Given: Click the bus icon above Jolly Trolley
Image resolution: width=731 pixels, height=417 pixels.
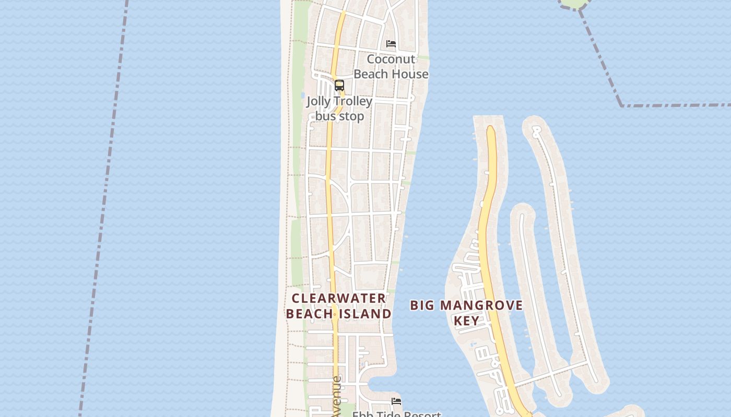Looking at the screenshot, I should pyautogui.click(x=339, y=85).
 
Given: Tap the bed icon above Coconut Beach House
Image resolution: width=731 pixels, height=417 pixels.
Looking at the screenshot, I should pyautogui.click(x=391, y=44).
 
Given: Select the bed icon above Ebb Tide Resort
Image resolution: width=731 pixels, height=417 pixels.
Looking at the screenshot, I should pyautogui.click(x=396, y=401).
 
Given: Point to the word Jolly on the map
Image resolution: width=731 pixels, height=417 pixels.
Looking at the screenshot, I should pyautogui.click(x=319, y=101).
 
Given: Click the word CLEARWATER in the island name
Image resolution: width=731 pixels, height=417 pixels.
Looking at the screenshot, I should pyautogui.click(x=339, y=298).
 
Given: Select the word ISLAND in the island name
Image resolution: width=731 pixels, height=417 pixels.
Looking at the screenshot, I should pyautogui.click(x=365, y=314).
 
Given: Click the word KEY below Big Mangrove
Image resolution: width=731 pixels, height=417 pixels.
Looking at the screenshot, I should pyautogui.click(x=466, y=321).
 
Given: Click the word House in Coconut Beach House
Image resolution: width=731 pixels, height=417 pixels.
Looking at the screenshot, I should pyautogui.click(x=410, y=74).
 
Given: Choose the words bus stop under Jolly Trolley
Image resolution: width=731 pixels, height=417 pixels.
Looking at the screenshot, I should pyautogui.click(x=340, y=116).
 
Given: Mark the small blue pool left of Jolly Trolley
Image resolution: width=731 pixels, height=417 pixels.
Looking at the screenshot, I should pyautogui.click(x=303, y=95).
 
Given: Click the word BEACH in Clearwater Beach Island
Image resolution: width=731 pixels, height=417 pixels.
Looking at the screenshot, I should pyautogui.click(x=310, y=314).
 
